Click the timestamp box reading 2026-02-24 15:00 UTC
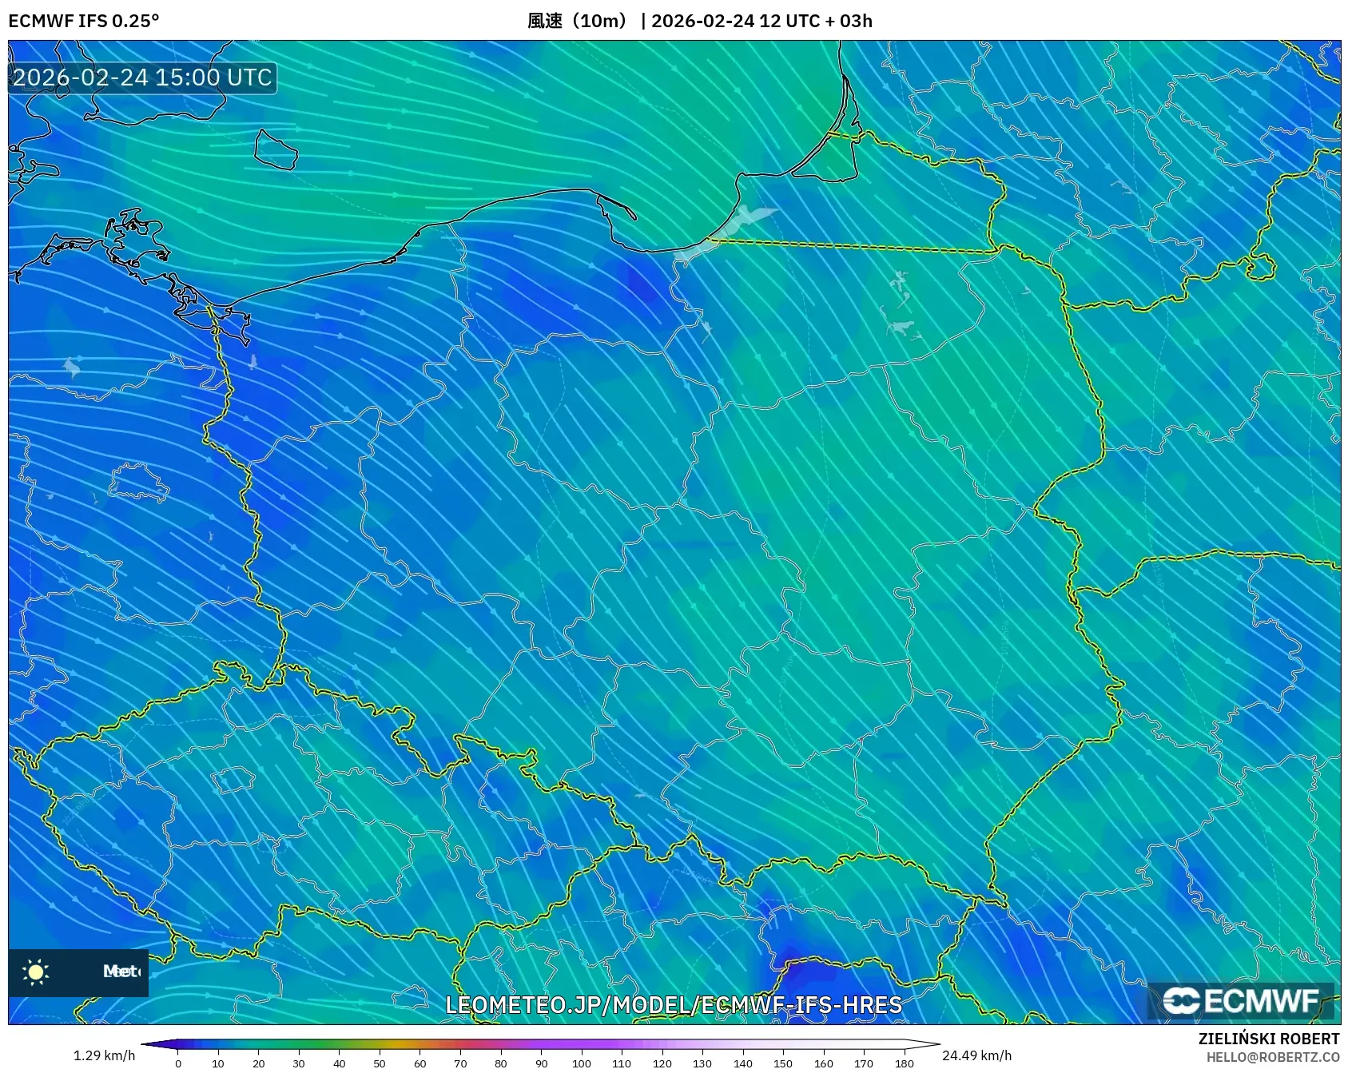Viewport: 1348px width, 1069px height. (142, 77)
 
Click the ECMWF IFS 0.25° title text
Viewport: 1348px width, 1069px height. (84, 21)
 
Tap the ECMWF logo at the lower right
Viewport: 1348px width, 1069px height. (1241, 1001)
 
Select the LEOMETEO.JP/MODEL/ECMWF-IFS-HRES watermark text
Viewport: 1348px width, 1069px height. (674, 1004)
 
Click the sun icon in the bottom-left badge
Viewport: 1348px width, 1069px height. (36, 972)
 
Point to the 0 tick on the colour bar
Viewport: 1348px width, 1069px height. (178, 1063)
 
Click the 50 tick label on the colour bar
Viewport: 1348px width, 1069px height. (380, 1063)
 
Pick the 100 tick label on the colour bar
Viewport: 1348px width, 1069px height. (581, 1063)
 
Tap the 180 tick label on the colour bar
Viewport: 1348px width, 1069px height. (904, 1063)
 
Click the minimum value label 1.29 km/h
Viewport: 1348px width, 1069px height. (104, 1055)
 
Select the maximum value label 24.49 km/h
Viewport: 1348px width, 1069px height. (976, 1055)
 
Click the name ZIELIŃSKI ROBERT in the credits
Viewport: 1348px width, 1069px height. (1269, 1039)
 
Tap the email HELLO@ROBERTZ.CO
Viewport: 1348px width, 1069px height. (1273, 1057)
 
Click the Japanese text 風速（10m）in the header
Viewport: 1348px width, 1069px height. (580, 21)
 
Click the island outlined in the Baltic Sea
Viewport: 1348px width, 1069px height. (276, 149)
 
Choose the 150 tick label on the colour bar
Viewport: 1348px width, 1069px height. (783, 1063)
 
